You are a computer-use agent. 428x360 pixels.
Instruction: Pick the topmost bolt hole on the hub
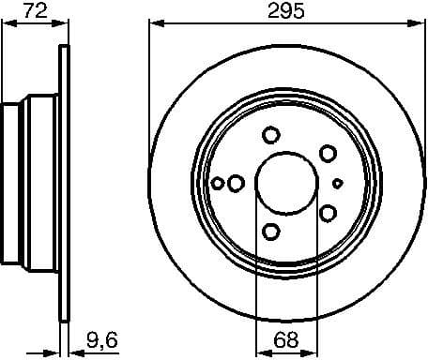[x=271, y=133]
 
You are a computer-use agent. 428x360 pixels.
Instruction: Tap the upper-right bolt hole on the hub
[x=328, y=152]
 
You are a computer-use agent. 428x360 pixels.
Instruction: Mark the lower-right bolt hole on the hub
[x=328, y=212]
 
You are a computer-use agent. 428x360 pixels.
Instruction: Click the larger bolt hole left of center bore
[x=236, y=182]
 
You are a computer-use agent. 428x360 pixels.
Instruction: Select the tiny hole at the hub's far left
[x=219, y=183]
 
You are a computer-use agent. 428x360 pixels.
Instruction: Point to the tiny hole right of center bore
[x=339, y=182]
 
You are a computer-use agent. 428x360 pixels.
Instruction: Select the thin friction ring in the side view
[x=65, y=183]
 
